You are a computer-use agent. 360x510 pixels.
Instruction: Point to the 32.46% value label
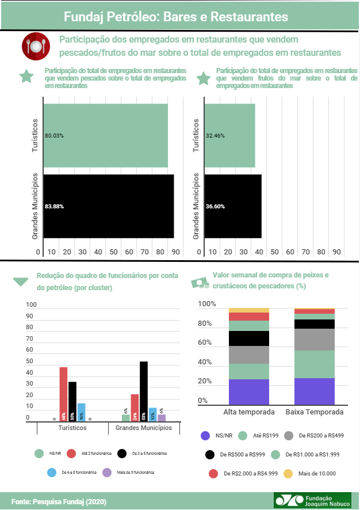point(215,136)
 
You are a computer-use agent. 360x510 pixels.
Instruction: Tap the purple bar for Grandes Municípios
point(162,418)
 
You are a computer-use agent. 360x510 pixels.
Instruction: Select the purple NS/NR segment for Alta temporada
point(248,392)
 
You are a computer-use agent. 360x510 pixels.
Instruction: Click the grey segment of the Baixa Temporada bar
point(314,340)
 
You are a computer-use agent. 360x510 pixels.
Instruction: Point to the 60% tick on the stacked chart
point(206,343)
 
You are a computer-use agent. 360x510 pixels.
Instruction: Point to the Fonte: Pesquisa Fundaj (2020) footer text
point(59,501)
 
